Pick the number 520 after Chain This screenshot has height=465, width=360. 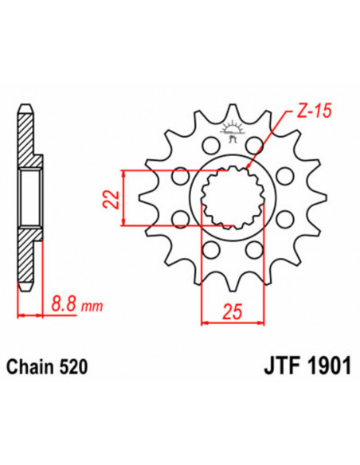coord(72,368)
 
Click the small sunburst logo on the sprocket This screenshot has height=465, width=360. coord(232,130)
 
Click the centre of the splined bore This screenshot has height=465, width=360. coord(233,198)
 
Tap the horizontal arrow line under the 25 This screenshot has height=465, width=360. coord(233,322)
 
